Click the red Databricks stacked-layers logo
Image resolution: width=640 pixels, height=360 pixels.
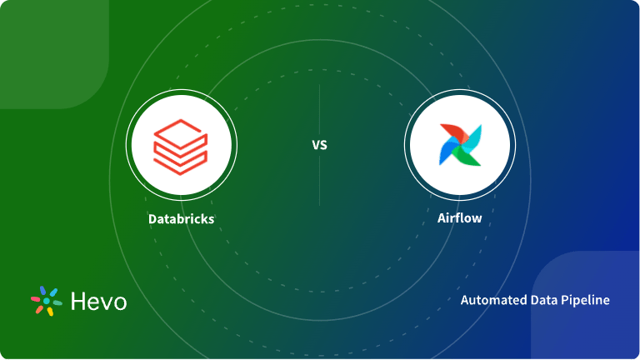pyautogui.click(x=180, y=144)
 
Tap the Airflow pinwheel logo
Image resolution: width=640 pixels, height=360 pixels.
pyautogui.click(x=460, y=144)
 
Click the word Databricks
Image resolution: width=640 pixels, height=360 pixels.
pyautogui.click(x=181, y=219)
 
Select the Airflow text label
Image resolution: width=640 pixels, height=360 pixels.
pyautogui.click(x=460, y=219)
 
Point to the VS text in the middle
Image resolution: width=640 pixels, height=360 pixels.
pyautogui.click(x=319, y=145)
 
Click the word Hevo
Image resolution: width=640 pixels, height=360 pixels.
pyautogui.click(x=98, y=301)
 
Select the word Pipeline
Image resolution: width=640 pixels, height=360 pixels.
pyautogui.click(x=585, y=300)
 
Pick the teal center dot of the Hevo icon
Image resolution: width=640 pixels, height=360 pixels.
pyautogui.click(x=47, y=301)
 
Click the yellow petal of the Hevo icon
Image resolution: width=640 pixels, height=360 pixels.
pyautogui.click(x=50, y=311)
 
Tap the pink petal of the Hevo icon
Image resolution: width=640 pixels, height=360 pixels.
pyautogui.click(x=36, y=297)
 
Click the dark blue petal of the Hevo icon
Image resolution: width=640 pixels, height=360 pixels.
pyautogui.click(x=43, y=291)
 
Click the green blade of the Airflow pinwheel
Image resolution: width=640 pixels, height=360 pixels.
pyautogui.click(x=467, y=156)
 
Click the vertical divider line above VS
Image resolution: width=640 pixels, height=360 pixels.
pyautogui.click(x=319, y=108)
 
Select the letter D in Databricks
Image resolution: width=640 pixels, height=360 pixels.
pyautogui.click(x=152, y=219)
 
